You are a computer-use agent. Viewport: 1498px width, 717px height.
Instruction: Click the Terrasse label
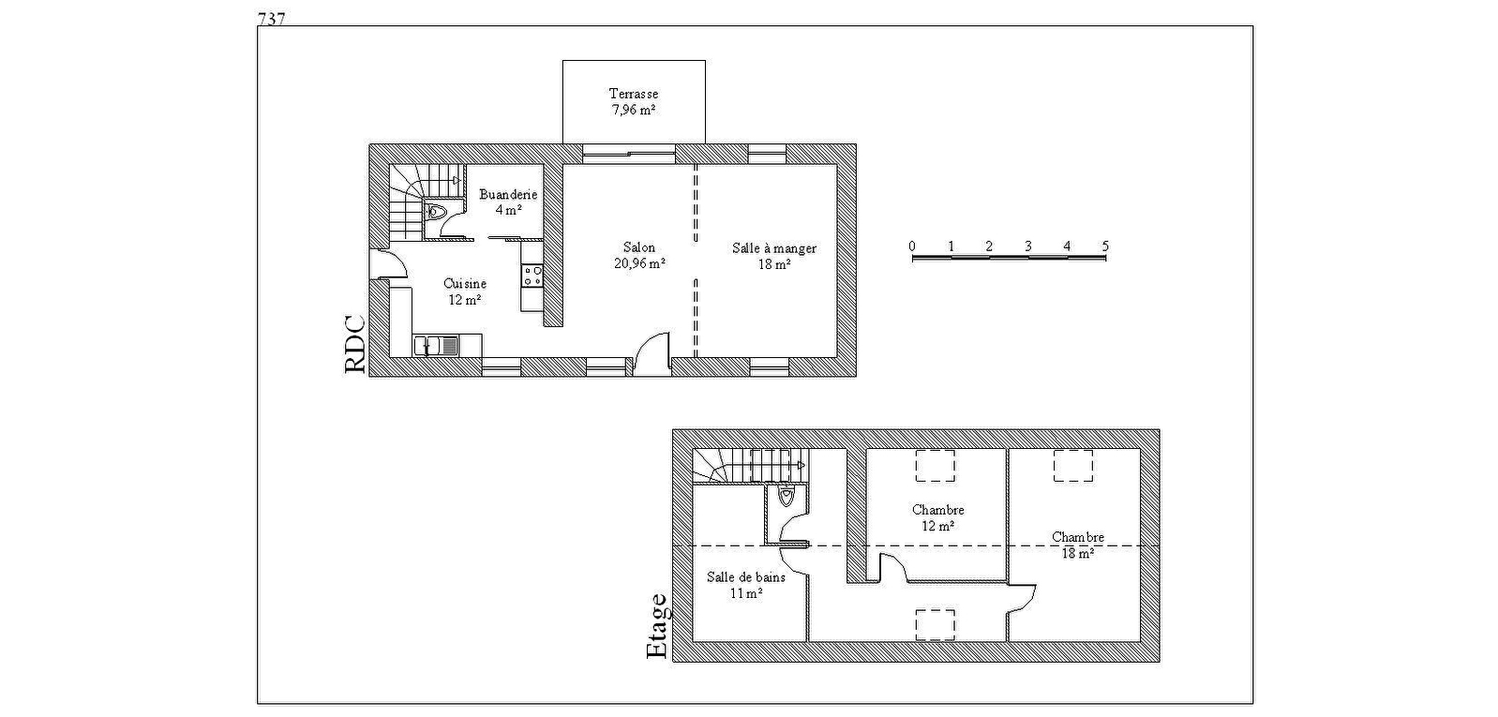(x=634, y=94)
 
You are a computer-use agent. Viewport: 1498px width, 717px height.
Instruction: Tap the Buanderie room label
(x=508, y=195)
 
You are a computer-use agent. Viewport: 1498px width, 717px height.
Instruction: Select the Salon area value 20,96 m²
(x=639, y=263)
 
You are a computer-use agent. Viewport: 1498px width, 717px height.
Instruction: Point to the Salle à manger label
(x=773, y=248)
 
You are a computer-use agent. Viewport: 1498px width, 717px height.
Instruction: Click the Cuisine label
(x=465, y=284)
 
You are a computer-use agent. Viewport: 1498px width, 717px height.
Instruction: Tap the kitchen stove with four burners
(x=533, y=276)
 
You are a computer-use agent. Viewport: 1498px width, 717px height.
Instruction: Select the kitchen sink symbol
(x=436, y=346)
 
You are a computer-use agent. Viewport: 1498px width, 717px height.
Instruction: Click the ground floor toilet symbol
(x=435, y=212)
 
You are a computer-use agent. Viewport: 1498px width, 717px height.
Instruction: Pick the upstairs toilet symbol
(x=786, y=497)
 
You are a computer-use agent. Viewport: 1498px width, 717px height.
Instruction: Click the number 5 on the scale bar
(x=1105, y=246)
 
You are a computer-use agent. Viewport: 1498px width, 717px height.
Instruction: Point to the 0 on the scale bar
(x=912, y=246)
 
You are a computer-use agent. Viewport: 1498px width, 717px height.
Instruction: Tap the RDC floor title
(x=355, y=345)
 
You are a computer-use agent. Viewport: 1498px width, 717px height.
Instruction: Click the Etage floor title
(x=657, y=626)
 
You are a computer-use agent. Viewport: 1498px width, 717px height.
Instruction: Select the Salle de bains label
(x=745, y=576)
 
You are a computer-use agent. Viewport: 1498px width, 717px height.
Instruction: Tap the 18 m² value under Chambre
(x=1078, y=553)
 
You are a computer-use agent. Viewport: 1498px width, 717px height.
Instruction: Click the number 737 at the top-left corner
(x=272, y=19)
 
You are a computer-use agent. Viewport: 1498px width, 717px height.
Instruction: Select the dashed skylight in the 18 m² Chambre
(x=1073, y=466)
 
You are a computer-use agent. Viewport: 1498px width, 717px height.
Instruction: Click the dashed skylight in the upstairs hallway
(x=935, y=625)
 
